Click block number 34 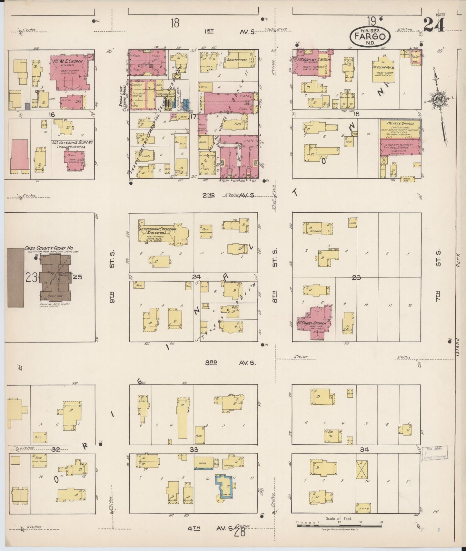click(x=364, y=450)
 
